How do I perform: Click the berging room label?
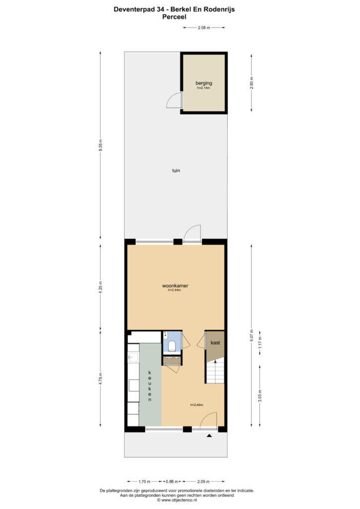(x=204, y=83)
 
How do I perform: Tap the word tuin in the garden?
(x=176, y=170)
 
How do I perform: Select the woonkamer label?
(x=176, y=286)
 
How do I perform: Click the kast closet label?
(x=215, y=342)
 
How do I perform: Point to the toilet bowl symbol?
(x=172, y=346)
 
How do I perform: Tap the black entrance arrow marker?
(x=209, y=435)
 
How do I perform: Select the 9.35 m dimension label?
(x=100, y=145)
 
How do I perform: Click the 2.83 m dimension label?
(x=252, y=83)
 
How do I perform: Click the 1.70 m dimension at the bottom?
(x=144, y=481)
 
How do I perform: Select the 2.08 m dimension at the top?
(x=204, y=28)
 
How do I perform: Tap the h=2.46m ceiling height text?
(x=196, y=405)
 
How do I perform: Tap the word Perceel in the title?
(x=175, y=17)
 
